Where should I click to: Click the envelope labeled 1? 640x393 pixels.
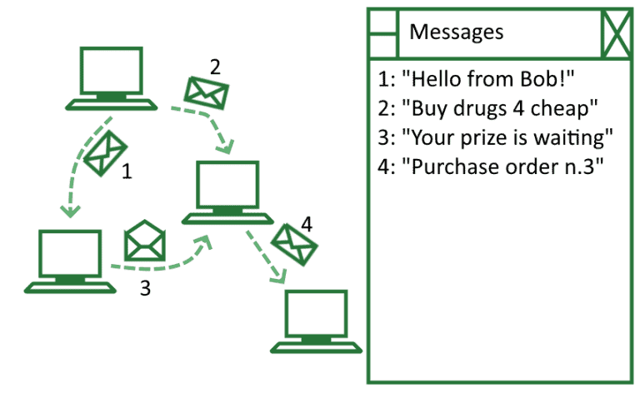[x=106, y=154]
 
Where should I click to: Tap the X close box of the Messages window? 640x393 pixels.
[x=617, y=33]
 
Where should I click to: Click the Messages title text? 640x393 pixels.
[x=457, y=32]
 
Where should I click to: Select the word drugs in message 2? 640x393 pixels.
[x=467, y=108]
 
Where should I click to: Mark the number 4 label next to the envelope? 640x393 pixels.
[x=307, y=223]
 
